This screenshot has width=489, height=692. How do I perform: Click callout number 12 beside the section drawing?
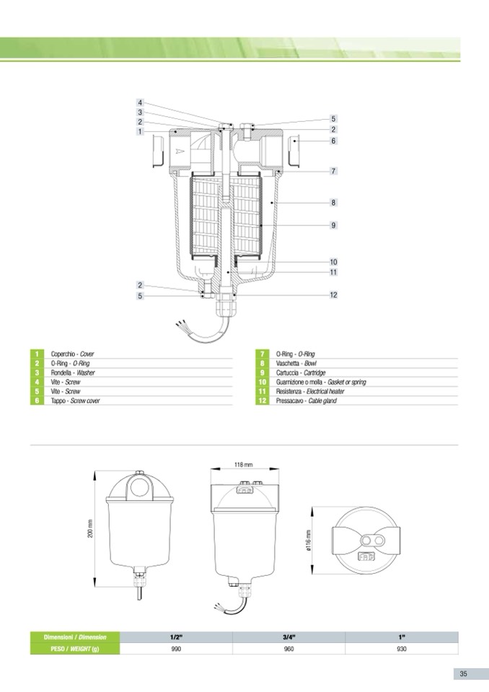(333, 295)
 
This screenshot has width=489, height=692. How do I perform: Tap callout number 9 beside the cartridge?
(333, 225)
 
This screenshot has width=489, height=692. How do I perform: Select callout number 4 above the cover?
(140, 103)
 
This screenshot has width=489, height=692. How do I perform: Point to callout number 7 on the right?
(333, 171)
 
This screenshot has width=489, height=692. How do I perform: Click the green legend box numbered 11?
(262, 391)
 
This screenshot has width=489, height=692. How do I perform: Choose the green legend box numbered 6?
(37, 400)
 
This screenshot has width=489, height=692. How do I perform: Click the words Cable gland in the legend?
(322, 400)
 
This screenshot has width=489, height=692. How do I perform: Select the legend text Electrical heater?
(325, 391)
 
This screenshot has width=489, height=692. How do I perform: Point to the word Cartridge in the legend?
(314, 373)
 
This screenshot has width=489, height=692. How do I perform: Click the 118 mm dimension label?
(244, 465)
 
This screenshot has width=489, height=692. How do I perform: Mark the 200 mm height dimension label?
(90, 528)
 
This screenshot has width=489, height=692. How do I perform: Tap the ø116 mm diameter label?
(309, 540)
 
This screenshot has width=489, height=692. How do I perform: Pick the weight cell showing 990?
(176, 649)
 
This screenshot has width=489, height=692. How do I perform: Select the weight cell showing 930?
(402, 649)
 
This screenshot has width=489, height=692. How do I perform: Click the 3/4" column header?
(288, 637)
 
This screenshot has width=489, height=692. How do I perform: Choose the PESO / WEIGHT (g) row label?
(75, 649)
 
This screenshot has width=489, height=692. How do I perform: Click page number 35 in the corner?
(464, 674)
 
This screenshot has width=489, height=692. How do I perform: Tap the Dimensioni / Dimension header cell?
(75, 637)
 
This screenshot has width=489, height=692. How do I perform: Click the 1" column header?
(402, 637)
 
